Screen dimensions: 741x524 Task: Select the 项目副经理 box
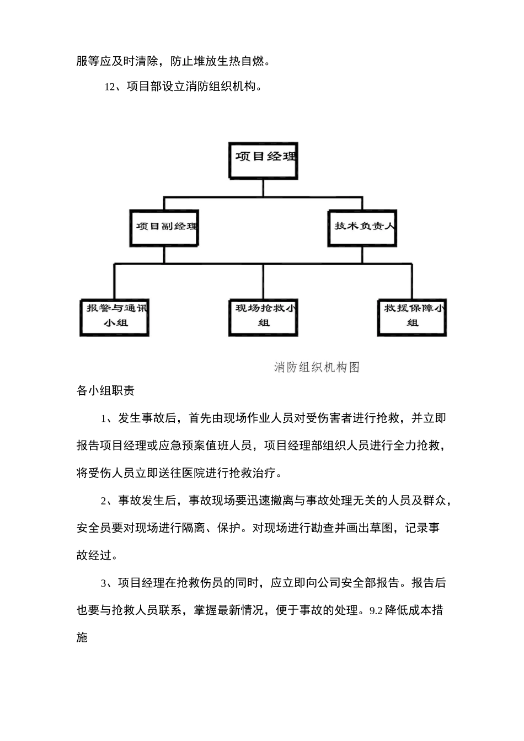164,227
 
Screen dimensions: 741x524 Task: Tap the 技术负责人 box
362,227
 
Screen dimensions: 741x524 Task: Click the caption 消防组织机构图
317,367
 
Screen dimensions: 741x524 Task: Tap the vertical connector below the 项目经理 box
264,187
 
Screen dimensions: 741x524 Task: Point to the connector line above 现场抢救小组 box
264,281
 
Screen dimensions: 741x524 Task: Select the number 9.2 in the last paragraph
376,611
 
